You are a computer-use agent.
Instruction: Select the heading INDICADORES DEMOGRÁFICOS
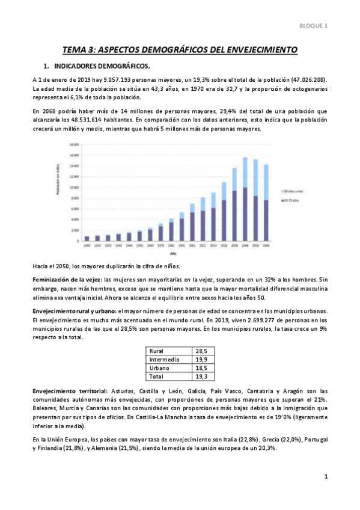pyautogui.click(x=102, y=66)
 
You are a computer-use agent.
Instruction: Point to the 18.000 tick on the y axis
pyautogui.click(x=75, y=145)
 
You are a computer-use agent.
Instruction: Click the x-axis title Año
pyautogui.click(x=173, y=254)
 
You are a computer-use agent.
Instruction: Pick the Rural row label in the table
pyautogui.click(x=157, y=351)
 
